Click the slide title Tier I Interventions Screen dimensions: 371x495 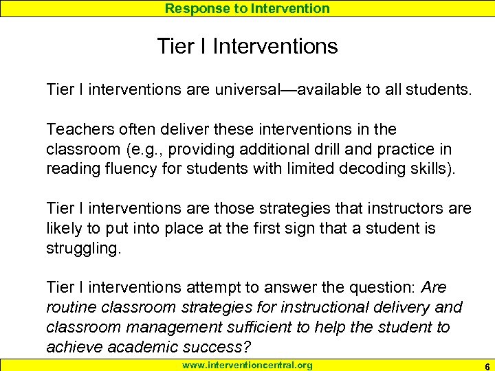pos(247,47)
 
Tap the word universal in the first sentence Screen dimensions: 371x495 pos(232,89)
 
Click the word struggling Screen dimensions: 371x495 pos(82,248)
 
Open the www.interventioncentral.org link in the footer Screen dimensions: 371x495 pos(247,365)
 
